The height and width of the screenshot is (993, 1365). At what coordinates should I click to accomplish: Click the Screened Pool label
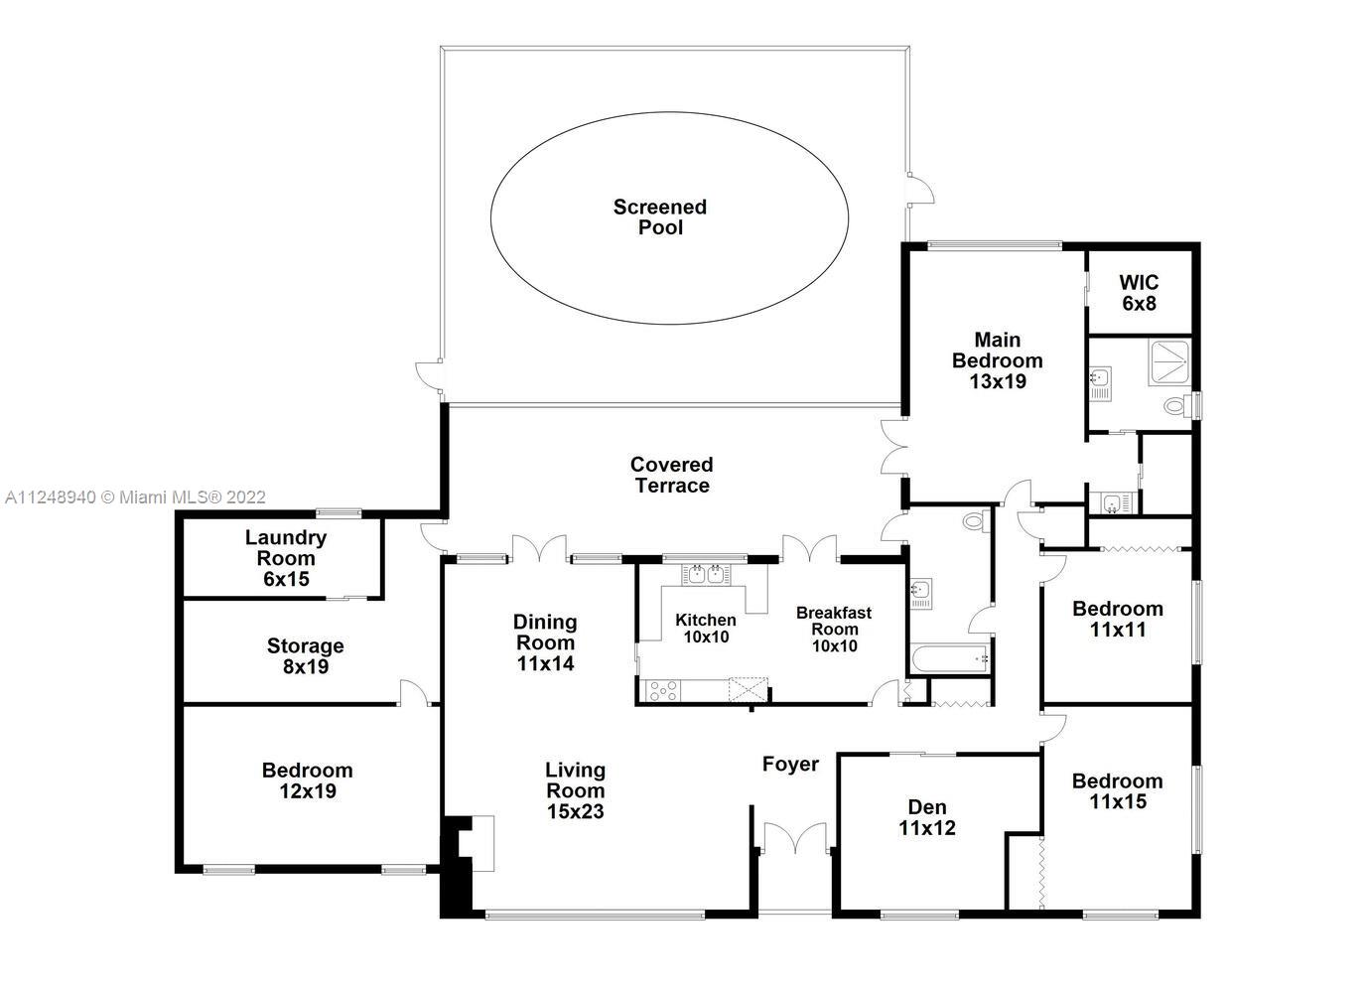tap(660, 217)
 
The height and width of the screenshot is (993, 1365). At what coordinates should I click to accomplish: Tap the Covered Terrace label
tap(671, 475)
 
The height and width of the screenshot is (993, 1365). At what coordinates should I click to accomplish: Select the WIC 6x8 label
tap(1139, 293)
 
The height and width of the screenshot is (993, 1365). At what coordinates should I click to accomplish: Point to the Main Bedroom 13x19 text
tap(998, 360)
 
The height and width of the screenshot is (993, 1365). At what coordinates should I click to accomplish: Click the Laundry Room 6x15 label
tap(286, 558)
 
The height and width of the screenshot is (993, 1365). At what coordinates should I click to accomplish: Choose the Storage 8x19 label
tap(306, 656)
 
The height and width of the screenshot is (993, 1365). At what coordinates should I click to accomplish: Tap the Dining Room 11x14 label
tap(545, 642)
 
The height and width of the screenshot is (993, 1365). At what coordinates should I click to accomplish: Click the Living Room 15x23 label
tap(575, 790)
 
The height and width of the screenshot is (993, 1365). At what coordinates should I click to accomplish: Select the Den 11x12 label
tap(927, 817)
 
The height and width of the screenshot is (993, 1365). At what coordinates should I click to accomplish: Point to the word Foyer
tap(790, 764)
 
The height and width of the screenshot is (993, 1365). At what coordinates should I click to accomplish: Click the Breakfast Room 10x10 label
tap(834, 630)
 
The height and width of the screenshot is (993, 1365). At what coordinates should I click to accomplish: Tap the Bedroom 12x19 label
tap(307, 780)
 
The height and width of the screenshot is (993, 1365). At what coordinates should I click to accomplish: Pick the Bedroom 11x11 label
tap(1118, 619)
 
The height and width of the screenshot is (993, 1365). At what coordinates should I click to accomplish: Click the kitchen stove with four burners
tap(663, 691)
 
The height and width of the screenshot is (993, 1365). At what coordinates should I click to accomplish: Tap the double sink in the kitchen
tap(706, 574)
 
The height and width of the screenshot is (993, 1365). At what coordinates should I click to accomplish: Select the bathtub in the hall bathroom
tap(950, 659)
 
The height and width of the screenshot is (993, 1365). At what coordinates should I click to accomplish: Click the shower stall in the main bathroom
tap(1168, 362)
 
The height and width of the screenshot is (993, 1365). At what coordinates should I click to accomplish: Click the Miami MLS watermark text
tap(135, 497)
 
